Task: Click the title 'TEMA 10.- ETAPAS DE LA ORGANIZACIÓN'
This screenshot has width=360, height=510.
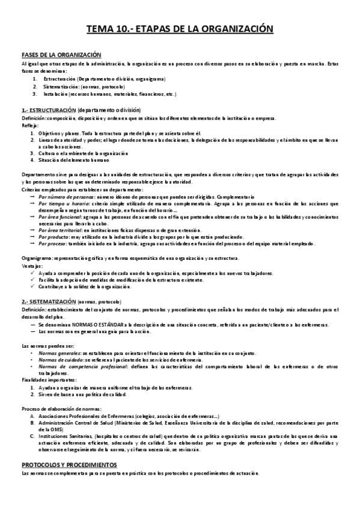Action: [x=180, y=28]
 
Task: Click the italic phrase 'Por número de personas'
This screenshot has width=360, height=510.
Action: [x=64, y=197]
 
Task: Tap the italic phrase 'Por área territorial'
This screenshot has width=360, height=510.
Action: [x=61, y=230]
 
